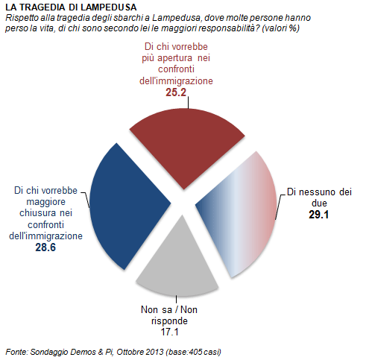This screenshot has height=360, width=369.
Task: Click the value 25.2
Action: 176,92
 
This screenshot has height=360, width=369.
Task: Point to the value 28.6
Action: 45,247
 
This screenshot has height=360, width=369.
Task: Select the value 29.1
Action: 318,215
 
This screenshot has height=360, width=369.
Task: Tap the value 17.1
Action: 169,332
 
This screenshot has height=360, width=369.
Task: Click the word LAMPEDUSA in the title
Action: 109,7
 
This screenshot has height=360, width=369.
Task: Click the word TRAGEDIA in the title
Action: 42,7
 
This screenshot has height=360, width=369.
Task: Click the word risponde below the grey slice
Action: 169,321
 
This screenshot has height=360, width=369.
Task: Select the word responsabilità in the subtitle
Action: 230,28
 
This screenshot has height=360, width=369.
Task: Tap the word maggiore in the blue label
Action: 45,202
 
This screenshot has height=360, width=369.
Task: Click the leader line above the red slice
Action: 188,103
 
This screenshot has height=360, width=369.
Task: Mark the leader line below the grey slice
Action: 176,300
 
